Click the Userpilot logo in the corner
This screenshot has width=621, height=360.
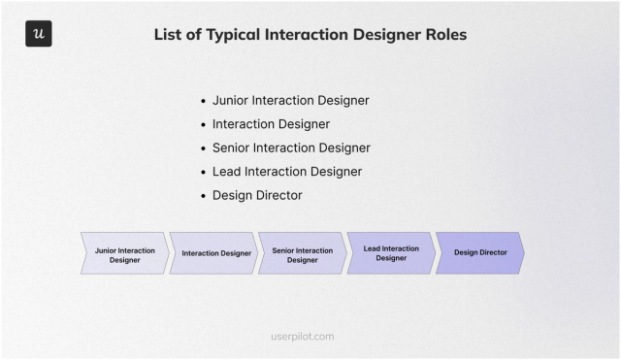[x=39, y=34]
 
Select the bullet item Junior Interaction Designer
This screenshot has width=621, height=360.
[x=290, y=100]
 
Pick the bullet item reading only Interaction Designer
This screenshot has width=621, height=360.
[x=271, y=124]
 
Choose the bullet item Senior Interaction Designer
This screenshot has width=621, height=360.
[x=291, y=147]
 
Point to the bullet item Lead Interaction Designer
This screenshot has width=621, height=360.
[x=287, y=172]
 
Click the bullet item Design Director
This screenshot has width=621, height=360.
[x=257, y=195]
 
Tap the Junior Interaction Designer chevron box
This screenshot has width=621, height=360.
[x=124, y=254]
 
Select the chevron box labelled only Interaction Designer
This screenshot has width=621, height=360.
[x=213, y=253]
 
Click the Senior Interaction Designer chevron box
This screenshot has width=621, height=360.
[x=302, y=254]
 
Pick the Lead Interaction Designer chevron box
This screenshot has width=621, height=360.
[x=391, y=253]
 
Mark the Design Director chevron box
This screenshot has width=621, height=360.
[x=479, y=253]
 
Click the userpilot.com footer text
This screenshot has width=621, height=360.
[x=303, y=337]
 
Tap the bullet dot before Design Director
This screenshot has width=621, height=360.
[x=203, y=196]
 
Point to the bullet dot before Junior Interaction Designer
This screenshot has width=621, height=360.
[x=203, y=101]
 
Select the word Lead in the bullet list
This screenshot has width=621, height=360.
[x=227, y=172]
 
